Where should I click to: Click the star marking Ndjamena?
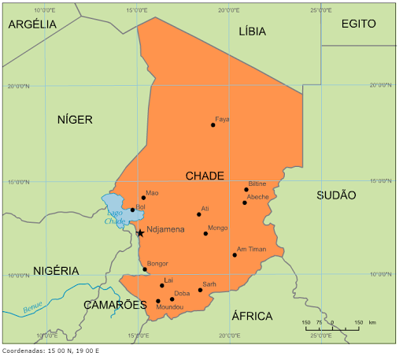pyautogui.click(x=140, y=232)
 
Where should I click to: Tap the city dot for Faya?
pyautogui.click(x=213, y=124)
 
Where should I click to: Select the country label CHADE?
pyautogui.click(x=205, y=176)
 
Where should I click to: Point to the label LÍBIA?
pyautogui.click(x=252, y=32)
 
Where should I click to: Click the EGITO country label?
pyautogui.click(x=358, y=24)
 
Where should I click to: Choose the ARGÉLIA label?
pyautogui.click(x=32, y=24)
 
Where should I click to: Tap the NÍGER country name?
pyautogui.click(x=75, y=120)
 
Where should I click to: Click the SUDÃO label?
pyautogui.click(x=336, y=195)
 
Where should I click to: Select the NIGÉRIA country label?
pyautogui.click(x=56, y=270)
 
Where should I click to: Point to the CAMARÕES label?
pyautogui.click(x=116, y=304)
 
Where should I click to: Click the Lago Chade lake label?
pyautogui.click(x=116, y=217)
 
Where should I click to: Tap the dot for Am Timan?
pyautogui.click(x=235, y=254)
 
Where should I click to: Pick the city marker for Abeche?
pyautogui.click(x=245, y=202)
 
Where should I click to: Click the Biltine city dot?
pyautogui.click(x=246, y=189)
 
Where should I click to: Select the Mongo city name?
pyautogui.click(x=218, y=228)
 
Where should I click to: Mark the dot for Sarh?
pyautogui.click(x=200, y=290)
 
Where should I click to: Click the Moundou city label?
pyautogui.click(x=170, y=306)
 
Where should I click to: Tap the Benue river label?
pyautogui.click(x=32, y=309)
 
